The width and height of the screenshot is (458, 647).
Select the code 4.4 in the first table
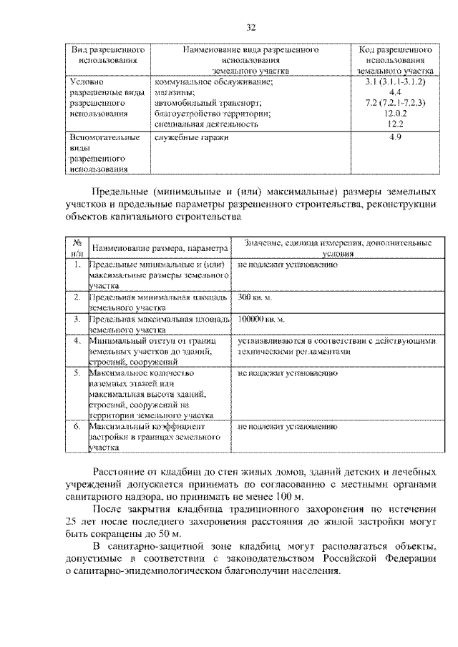394,92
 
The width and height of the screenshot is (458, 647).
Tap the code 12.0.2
394,113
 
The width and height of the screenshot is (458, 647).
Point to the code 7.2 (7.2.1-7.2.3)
394,103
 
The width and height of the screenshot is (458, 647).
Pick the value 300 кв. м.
255,296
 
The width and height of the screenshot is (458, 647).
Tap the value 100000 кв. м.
261,319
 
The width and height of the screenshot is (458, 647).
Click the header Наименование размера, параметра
159,248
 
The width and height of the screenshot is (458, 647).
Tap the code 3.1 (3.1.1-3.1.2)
394,82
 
